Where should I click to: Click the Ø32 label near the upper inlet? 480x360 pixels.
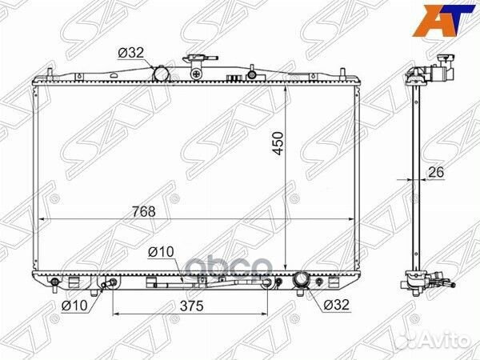point(131,53)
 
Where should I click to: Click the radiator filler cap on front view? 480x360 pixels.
point(195,61)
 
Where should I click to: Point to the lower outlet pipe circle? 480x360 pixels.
point(302,280)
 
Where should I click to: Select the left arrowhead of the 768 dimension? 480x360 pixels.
point(42,219)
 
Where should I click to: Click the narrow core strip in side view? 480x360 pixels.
point(414,176)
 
